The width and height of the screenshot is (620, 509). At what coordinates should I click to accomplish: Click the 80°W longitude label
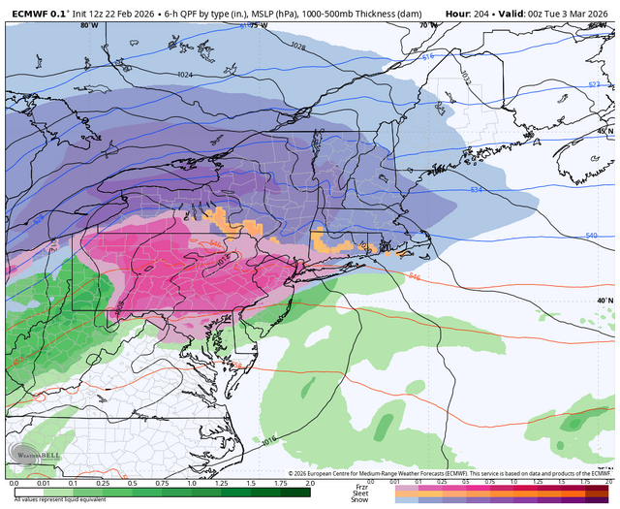(x=90, y=26)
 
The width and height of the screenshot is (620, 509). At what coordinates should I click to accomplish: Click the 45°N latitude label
(x=604, y=131)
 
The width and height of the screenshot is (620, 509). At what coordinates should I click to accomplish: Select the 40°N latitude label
(x=604, y=302)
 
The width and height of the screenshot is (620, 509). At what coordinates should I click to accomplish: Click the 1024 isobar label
(x=184, y=75)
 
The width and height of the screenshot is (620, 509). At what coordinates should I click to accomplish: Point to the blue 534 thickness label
(x=476, y=190)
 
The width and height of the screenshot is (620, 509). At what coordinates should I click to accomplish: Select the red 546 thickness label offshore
(x=415, y=277)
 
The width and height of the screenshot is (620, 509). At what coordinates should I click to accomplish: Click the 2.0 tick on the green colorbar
(x=308, y=482)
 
